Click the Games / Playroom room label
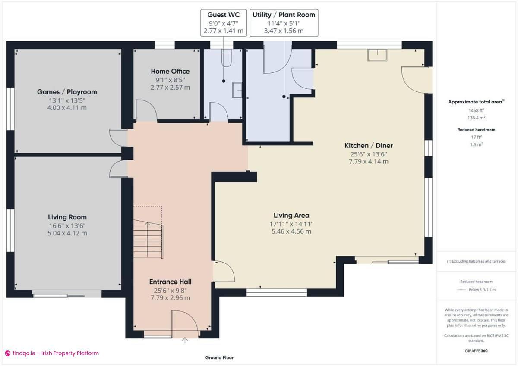point(67,92)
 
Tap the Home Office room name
point(170,71)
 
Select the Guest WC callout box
point(224,23)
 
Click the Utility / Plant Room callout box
point(284,23)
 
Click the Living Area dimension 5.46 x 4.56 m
point(291,231)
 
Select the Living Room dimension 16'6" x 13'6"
point(67,225)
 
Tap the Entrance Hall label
point(170,282)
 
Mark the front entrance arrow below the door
point(185,340)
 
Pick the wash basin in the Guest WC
point(237,90)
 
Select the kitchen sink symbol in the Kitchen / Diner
point(377,55)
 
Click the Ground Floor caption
point(219,357)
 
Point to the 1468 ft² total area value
point(476,110)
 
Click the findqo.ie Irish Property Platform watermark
point(52,353)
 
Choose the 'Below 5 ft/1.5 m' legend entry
point(482,290)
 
